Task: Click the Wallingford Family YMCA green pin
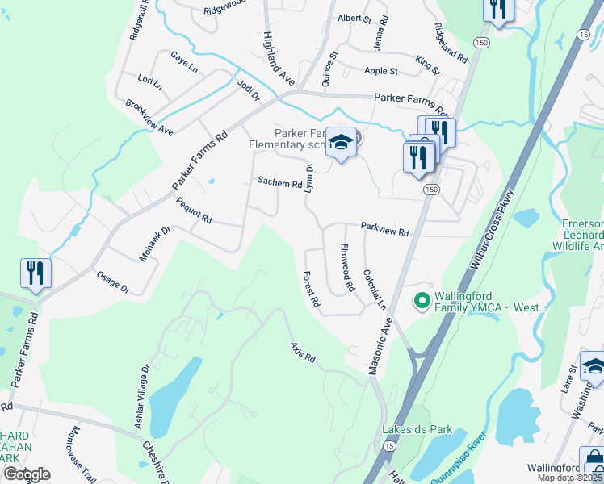(421, 302)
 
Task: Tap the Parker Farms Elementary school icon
(342, 143)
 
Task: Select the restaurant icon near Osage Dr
(34, 273)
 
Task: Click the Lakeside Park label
(417, 429)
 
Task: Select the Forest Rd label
(312, 290)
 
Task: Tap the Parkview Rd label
(384, 231)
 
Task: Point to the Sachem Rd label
(279, 183)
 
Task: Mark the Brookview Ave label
(149, 118)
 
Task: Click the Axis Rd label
(303, 353)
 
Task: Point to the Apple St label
(381, 71)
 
